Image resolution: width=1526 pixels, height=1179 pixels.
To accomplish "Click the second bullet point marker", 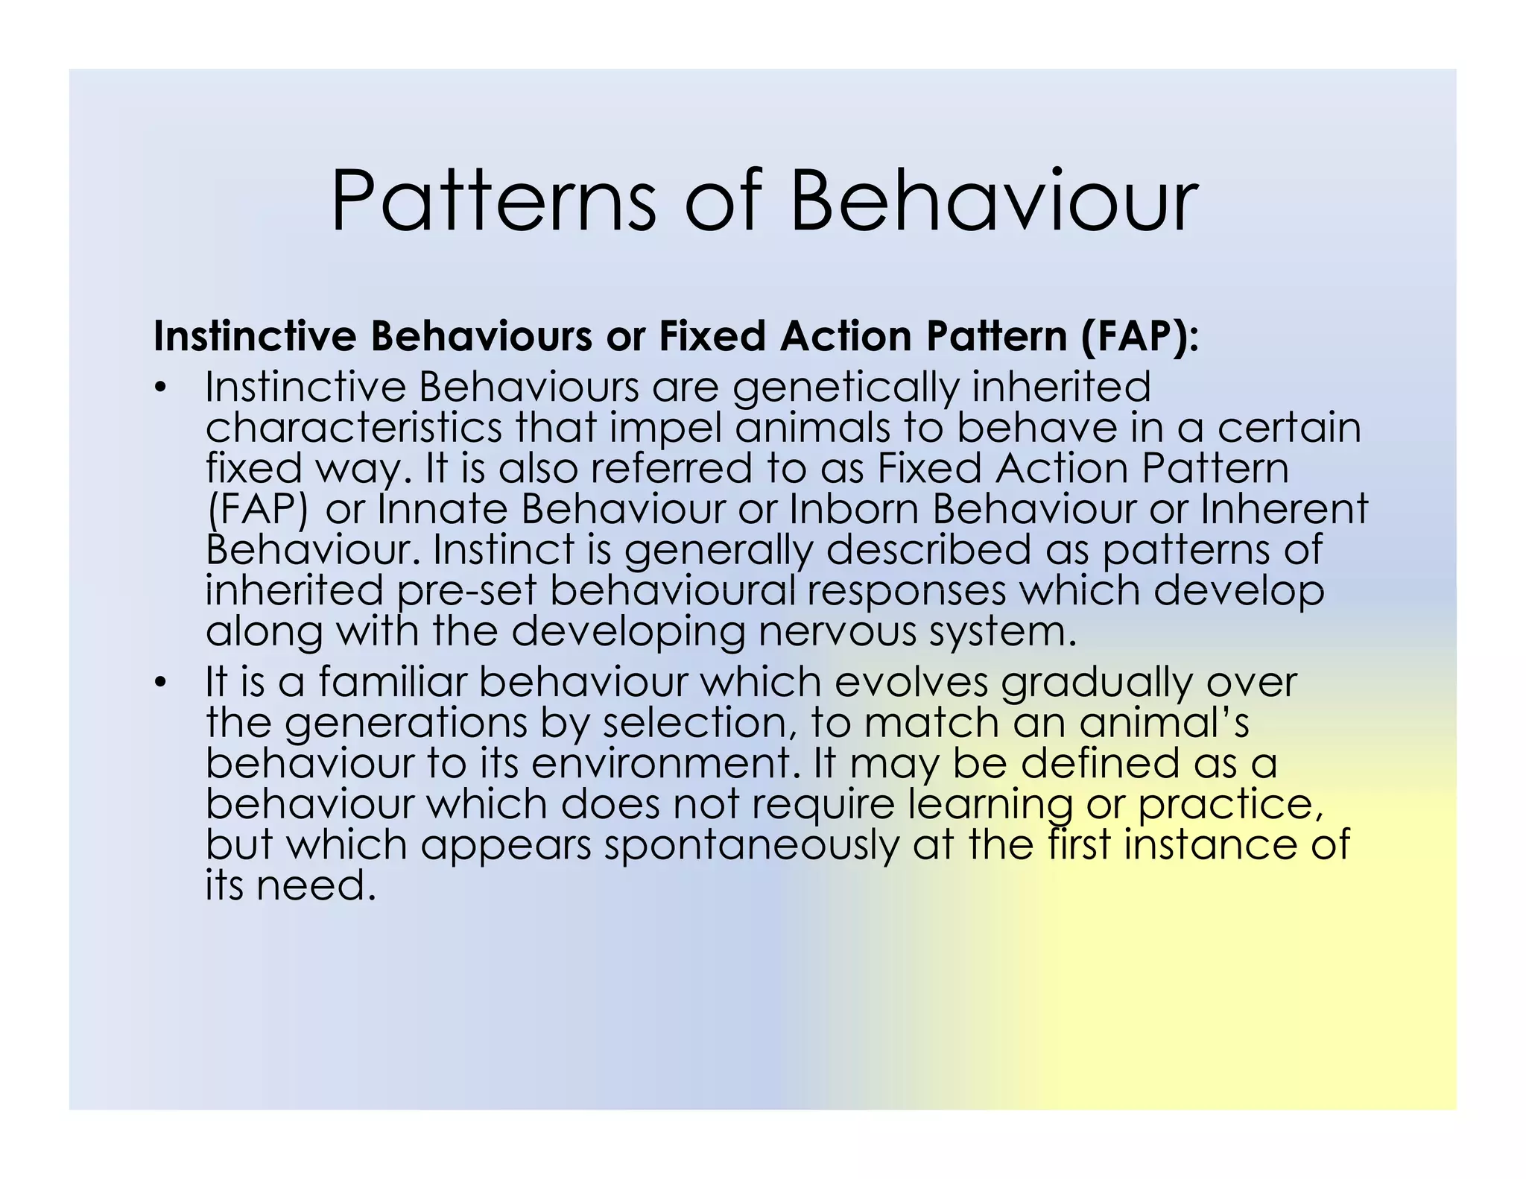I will (159, 683).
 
